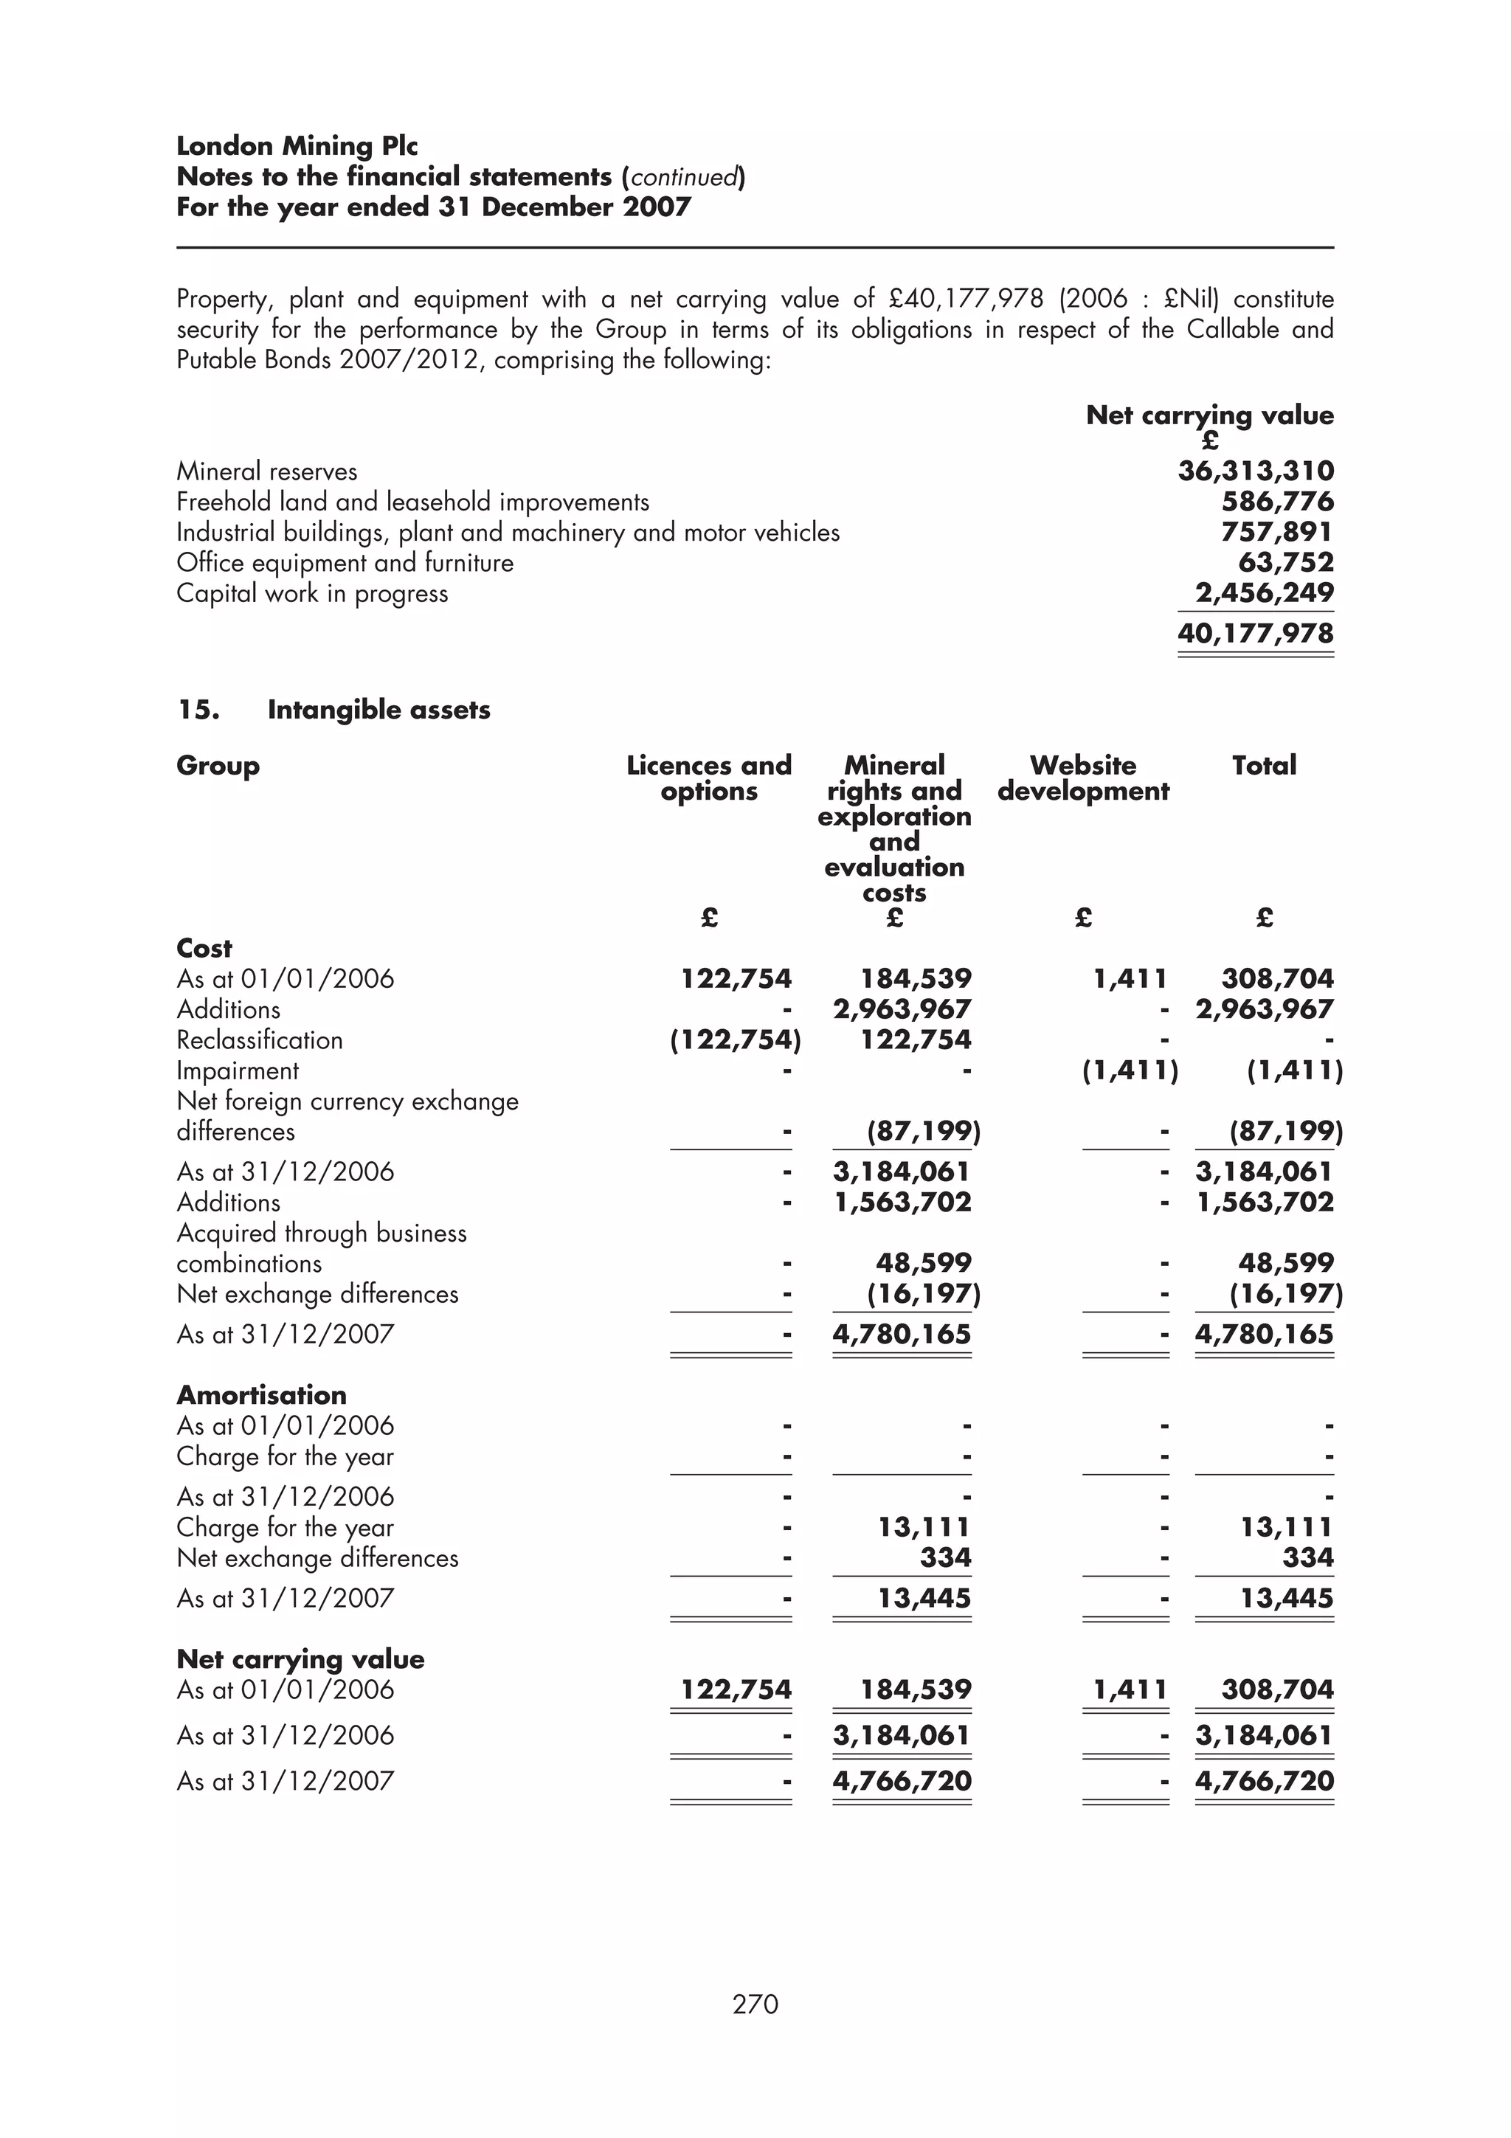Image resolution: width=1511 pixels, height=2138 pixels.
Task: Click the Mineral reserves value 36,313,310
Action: (1255, 471)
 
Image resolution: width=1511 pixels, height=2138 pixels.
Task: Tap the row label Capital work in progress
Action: (312, 593)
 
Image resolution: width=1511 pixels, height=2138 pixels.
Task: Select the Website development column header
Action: (1083, 778)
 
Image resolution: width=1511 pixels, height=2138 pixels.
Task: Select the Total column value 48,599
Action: (1286, 1263)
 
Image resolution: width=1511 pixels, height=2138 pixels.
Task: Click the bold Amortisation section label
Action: (262, 1395)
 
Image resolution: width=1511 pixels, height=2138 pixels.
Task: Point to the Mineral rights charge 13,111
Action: (924, 1527)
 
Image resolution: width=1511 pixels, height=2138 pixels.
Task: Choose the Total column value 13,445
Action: (1286, 1598)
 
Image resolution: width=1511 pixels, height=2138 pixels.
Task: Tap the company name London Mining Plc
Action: (297, 146)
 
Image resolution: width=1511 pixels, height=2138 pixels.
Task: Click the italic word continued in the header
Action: (684, 177)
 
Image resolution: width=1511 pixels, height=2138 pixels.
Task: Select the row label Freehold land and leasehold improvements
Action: (412, 502)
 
